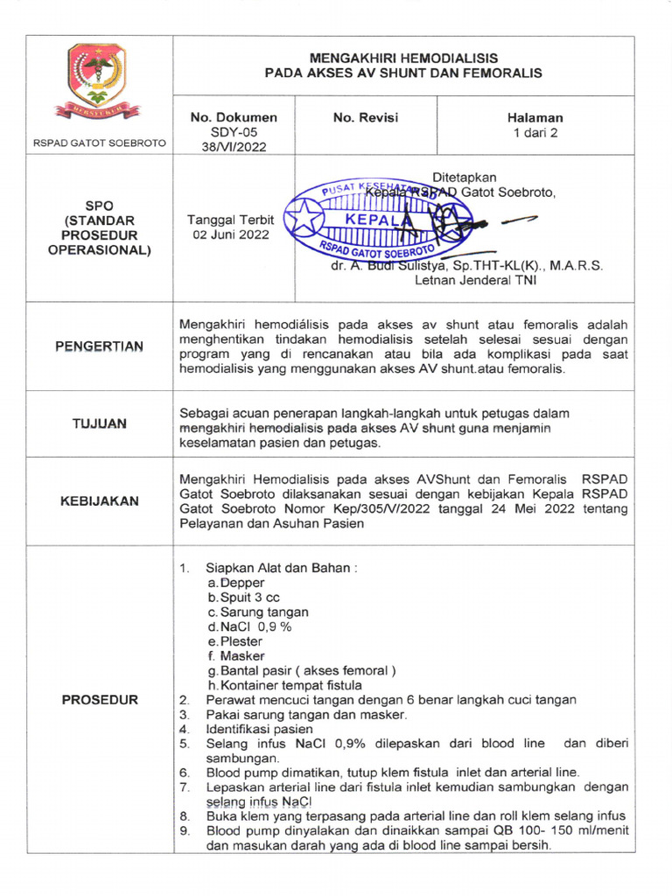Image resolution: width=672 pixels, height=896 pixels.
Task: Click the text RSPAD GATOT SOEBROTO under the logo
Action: (x=98, y=142)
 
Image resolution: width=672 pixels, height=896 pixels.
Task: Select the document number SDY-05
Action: (x=234, y=132)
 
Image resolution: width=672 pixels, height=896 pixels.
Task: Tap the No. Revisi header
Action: (x=365, y=117)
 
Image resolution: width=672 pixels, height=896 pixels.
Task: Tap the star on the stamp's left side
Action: (x=304, y=219)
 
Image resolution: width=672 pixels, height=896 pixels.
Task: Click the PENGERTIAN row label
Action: (x=99, y=346)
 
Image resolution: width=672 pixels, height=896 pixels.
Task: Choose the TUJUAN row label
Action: (x=99, y=423)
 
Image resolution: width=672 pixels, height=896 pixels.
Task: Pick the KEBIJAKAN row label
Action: (x=99, y=501)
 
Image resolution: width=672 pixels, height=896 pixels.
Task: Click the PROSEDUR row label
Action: (x=99, y=700)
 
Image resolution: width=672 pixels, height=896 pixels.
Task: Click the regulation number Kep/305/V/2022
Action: (x=422, y=508)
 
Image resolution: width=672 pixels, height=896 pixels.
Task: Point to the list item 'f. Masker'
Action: (x=236, y=655)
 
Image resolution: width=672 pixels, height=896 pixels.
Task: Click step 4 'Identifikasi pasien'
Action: (x=259, y=729)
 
